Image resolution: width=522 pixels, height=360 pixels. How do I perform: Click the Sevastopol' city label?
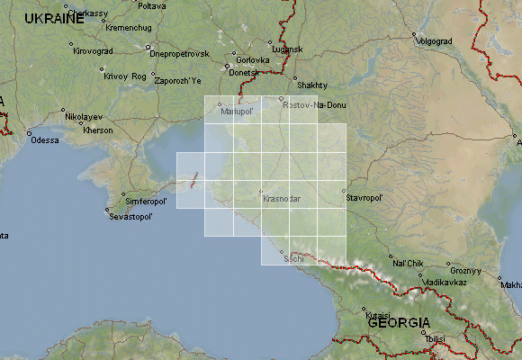pyautogui.click(x=132, y=217)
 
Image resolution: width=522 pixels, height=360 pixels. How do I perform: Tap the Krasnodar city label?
pyautogui.click(x=282, y=198)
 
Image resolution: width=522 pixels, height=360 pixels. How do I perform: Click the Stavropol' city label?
pyautogui.click(x=364, y=197)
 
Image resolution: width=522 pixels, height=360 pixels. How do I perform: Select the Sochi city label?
pyautogui.click(x=293, y=259)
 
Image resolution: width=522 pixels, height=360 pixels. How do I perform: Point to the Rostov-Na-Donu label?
pyautogui.click(x=313, y=106)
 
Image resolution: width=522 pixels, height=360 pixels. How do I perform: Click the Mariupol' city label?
pyautogui.click(x=238, y=112)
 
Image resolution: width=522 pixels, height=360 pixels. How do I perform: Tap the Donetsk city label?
pyautogui.click(x=243, y=72)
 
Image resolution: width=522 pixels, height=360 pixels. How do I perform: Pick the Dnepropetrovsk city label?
pyautogui.click(x=179, y=54)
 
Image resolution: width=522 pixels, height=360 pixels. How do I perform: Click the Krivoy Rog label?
pyautogui.click(x=124, y=76)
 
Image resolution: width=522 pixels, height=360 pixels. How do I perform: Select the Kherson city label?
pyautogui.click(x=97, y=130)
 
